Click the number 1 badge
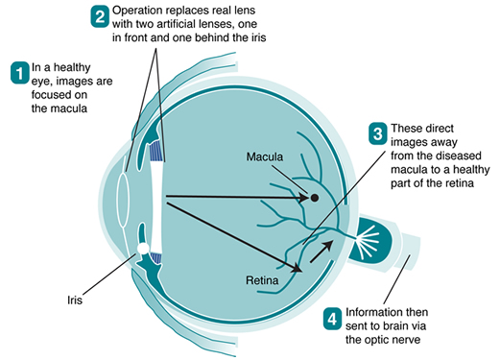[18, 72]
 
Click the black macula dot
[314, 199]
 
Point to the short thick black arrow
[321, 251]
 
